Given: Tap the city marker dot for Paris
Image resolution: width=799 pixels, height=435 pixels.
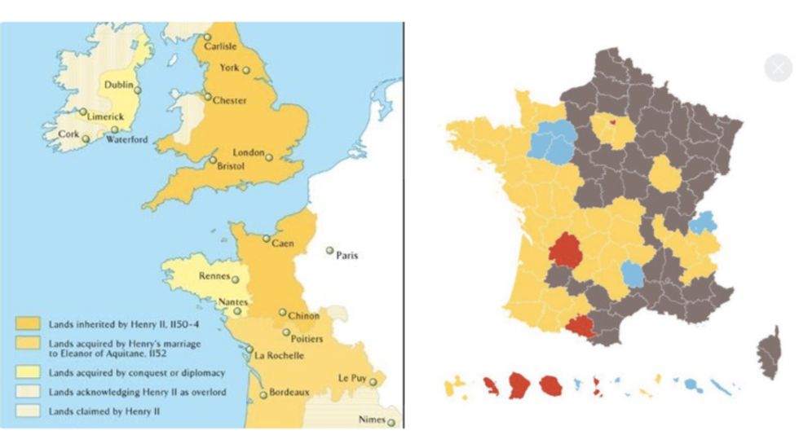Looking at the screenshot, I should coord(330,251).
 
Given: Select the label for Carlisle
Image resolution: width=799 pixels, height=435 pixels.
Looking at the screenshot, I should coord(220,46).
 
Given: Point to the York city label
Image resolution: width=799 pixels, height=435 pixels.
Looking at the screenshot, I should coord(230,68).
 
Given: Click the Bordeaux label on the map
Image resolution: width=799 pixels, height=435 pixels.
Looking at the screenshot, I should coord(289,393).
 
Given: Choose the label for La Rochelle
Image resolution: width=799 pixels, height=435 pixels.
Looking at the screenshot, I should coord(280,355).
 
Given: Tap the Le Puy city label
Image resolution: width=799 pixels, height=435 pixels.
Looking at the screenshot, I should coord(355,378).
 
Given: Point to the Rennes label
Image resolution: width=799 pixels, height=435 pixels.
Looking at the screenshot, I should coord(214,276).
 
